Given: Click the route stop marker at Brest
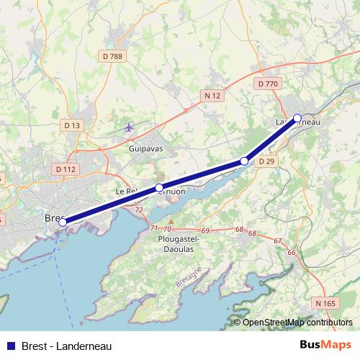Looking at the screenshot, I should click(63, 222).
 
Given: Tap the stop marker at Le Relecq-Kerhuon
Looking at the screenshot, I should click(159, 189).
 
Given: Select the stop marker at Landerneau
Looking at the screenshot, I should click(297, 118).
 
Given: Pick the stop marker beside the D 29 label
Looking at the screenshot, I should click(244, 161).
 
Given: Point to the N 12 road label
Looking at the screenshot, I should click(212, 95).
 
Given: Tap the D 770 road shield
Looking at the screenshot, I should click(267, 84).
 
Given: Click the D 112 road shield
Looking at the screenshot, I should click(65, 169).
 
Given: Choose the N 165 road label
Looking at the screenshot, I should click(325, 303).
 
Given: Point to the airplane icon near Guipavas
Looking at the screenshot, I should click(129, 128).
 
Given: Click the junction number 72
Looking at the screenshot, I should click(139, 210).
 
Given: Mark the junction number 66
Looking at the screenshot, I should click(292, 252).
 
